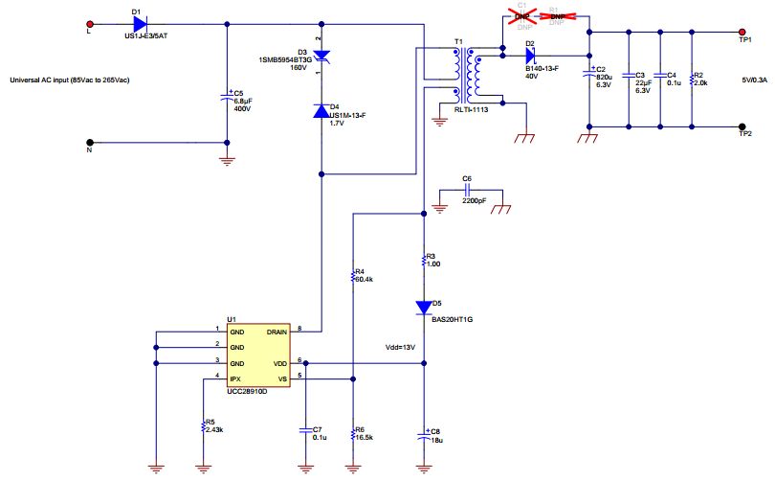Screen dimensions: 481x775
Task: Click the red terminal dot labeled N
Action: (90, 144)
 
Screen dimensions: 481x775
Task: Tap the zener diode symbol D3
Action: (322, 57)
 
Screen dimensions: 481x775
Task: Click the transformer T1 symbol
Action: (466, 77)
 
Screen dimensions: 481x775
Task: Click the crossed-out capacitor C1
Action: (522, 17)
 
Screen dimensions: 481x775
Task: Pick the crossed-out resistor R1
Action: (556, 17)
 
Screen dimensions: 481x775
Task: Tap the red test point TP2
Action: (743, 126)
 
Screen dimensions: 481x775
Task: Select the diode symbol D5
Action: (424, 307)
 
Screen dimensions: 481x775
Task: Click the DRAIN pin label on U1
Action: (277, 331)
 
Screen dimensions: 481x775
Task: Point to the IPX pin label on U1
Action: (235, 380)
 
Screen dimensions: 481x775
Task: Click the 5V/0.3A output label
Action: (754, 80)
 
